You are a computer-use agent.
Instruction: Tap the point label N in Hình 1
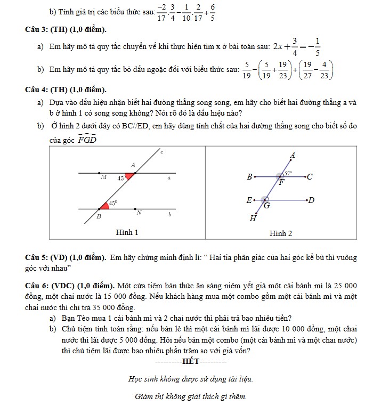coord(139,213)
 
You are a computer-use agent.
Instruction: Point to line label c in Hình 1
coord(162,153)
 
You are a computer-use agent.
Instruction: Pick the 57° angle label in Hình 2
coord(288,173)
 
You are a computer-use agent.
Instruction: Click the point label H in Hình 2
coord(253,218)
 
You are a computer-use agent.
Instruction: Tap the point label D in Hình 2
coord(312,200)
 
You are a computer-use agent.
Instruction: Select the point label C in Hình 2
coord(310,176)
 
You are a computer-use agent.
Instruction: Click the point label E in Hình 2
coord(249,200)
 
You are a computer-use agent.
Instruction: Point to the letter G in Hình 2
coord(266,205)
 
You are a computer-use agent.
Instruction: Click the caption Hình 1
coord(127,232)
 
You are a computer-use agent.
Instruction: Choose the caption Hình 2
coord(280,233)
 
